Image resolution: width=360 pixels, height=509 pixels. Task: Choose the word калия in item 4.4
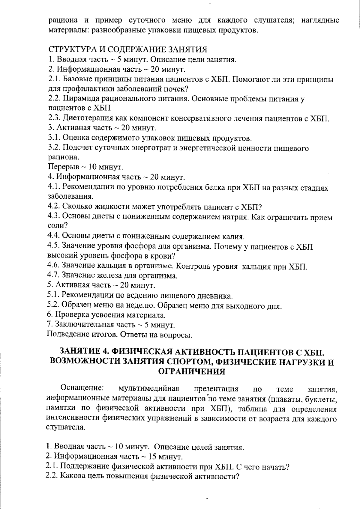(232, 237)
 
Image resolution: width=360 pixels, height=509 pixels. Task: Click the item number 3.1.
(54, 138)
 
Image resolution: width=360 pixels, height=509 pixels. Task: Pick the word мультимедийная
(149, 389)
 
